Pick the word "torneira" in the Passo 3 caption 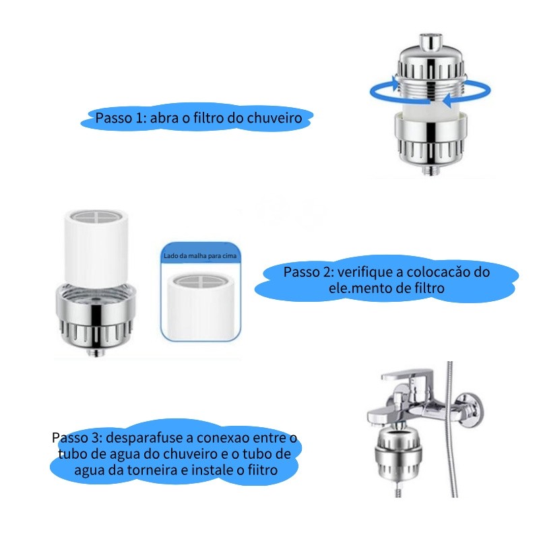point(153,470)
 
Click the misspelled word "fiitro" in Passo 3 point(262,470)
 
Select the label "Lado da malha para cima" point(200,256)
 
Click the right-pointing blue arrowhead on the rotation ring point(394,83)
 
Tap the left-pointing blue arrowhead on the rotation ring point(448,100)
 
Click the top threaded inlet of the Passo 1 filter point(431,40)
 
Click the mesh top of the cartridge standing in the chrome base point(96,217)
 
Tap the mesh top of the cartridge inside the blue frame point(200,281)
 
